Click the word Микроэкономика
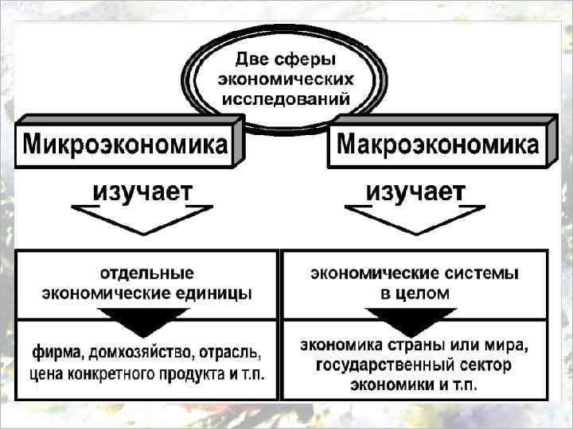[124, 145]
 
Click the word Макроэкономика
[437, 145]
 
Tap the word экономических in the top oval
[286, 79]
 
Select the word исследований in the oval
[286, 100]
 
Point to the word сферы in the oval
[308, 59]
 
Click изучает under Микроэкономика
[142, 191]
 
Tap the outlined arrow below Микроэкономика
[142, 217]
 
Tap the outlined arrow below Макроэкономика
[414, 217]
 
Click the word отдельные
[146, 274]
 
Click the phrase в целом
[415, 293]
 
